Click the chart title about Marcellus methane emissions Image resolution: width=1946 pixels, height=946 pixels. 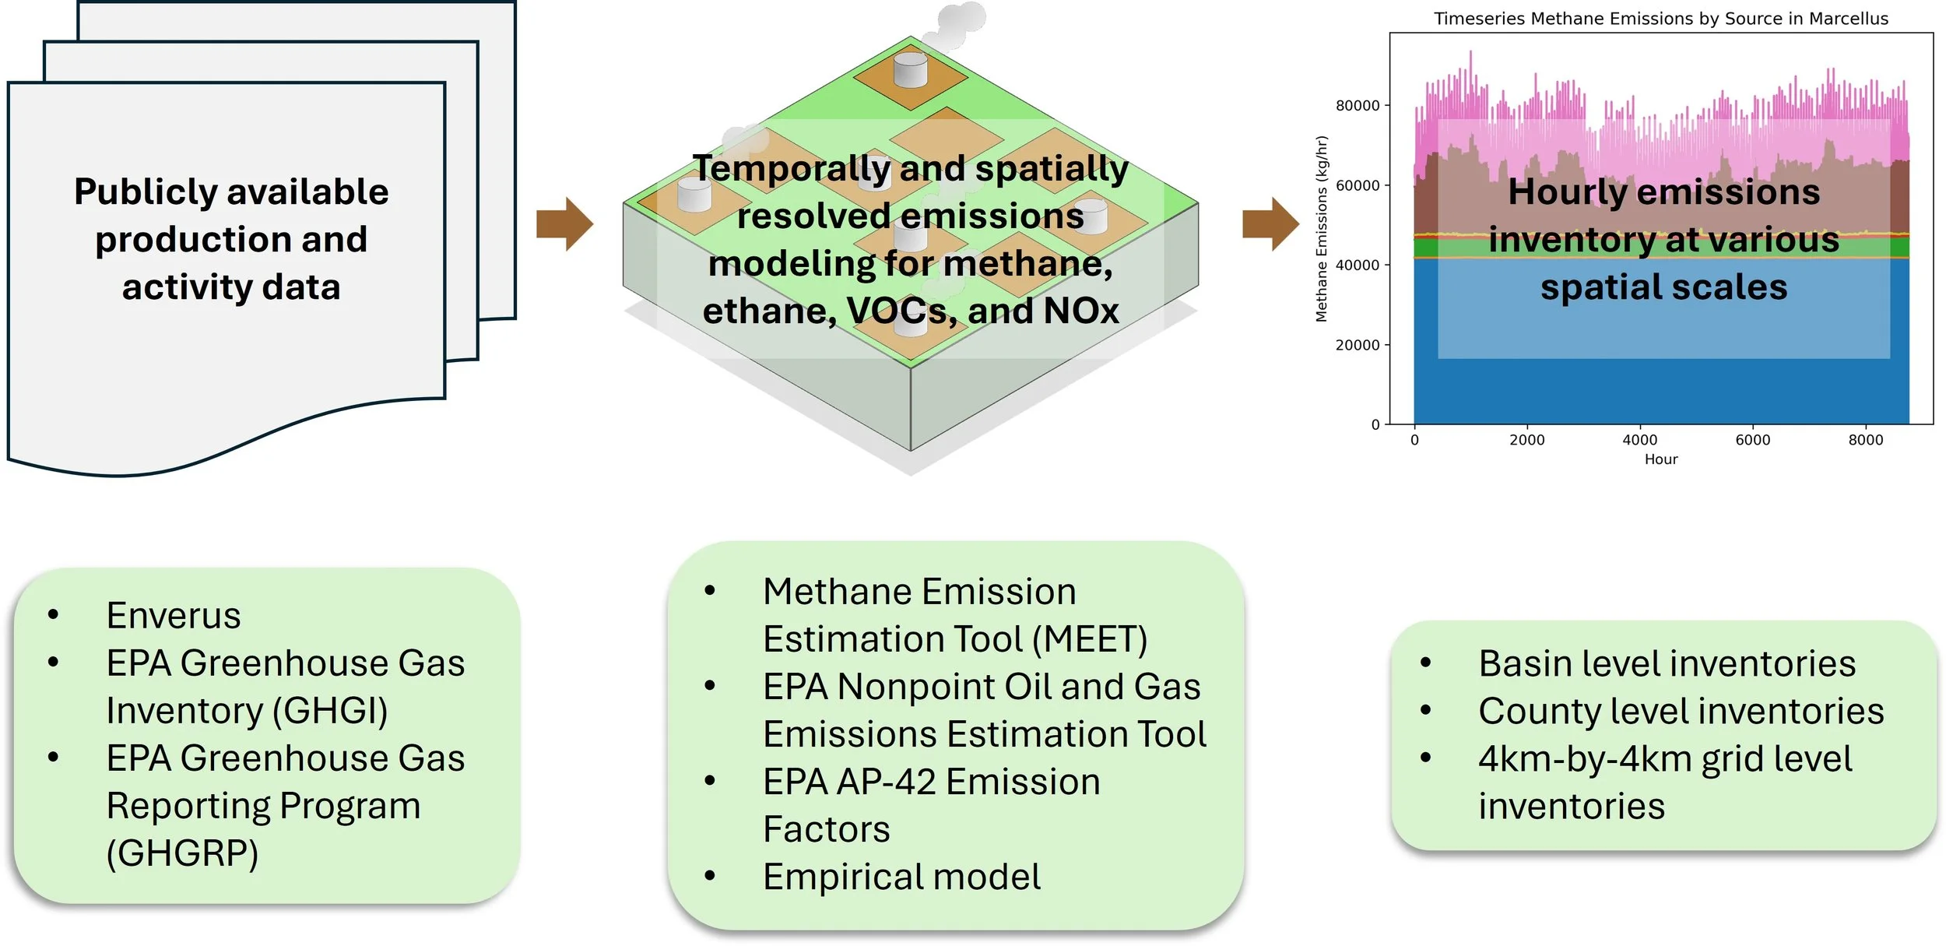coord(1660,19)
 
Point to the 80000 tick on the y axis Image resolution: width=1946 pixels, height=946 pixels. coord(1358,106)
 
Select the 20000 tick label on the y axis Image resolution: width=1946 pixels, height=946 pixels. coord(1358,345)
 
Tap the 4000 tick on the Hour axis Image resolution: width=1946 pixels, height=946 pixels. coord(1639,440)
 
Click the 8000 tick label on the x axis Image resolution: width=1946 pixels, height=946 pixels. coord(1865,440)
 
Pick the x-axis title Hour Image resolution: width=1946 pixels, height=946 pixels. coord(1660,459)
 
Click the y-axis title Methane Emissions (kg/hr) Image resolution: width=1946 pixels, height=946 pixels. coord(1322,229)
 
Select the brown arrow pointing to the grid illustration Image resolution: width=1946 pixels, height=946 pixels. coord(564,224)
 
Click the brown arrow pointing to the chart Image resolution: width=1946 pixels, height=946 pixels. coord(1270,224)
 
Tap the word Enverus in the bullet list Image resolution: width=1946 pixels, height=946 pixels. coord(174,616)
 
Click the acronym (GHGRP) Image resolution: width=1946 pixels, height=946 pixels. coord(182,853)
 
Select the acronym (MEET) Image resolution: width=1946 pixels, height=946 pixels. coord(1089,639)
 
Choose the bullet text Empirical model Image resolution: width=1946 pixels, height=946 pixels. coord(901,877)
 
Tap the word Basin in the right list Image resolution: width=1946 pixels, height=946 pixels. coord(1526,664)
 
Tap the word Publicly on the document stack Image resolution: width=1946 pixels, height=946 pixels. coord(145,192)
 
